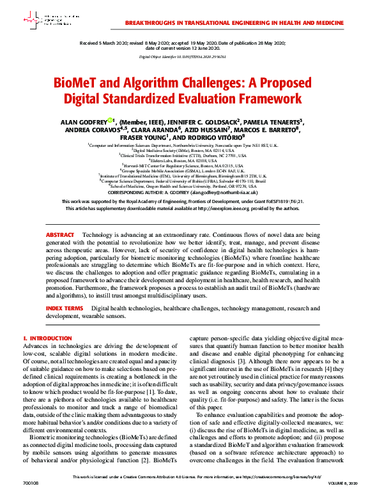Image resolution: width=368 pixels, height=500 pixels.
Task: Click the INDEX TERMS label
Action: point(64,308)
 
